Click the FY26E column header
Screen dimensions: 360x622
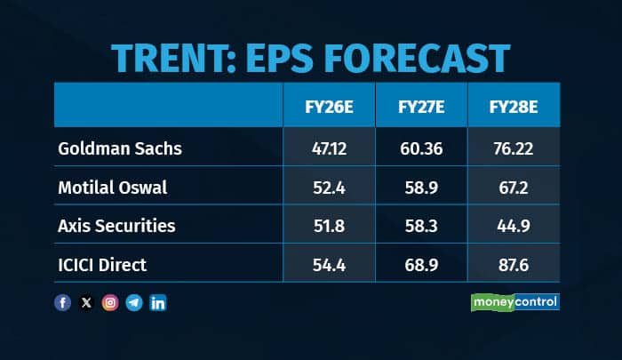pos(329,107)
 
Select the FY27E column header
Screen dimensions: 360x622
pos(421,107)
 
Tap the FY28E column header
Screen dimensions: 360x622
pos(513,107)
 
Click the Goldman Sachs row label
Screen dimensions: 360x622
pos(119,148)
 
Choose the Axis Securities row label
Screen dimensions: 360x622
pos(116,226)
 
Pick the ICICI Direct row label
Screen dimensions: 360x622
pos(101,265)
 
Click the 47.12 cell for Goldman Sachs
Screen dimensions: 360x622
pos(329,148)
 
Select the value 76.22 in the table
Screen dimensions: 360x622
pos(513,148)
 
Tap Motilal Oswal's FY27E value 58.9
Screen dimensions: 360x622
pos(421,187)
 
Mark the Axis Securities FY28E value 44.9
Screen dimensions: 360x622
pos(513,226)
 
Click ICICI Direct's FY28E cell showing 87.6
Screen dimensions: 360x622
pos(513,265)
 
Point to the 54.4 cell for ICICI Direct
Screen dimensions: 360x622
pos(329,265)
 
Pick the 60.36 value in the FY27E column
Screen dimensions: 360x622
pos(421,148)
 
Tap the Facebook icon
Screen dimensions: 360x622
pos(62,303)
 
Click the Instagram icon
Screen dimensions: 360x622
pos(110,303)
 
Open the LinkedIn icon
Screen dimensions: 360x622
pos(158,303)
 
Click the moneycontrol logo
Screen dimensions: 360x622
pos(514,302)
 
